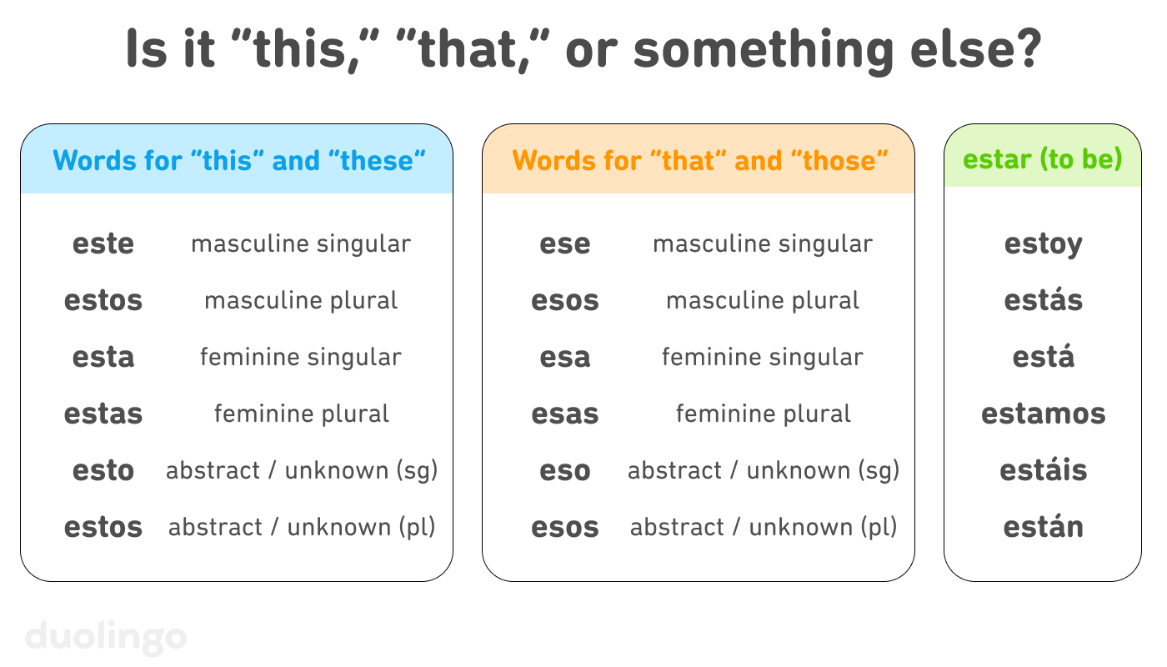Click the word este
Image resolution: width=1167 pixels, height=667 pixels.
[x=103, y=244]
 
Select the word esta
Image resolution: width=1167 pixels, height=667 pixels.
[x=103, y=358]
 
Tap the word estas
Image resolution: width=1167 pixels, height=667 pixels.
[x=103, y=414]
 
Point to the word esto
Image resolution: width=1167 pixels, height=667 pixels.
[x=103, y=471]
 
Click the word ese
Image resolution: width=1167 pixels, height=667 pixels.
[x=565, y=244]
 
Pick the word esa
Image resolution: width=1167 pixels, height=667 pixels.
[x=565, y=358]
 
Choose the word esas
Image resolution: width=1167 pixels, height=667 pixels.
[x=565, y=414]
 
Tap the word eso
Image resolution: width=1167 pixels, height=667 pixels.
[x=565, y=471]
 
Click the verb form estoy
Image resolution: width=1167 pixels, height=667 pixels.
[x=1043, y=244]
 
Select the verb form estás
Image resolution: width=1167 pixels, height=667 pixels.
[x=1043, y=300]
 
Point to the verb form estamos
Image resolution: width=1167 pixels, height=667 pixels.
[x=1043, y=414]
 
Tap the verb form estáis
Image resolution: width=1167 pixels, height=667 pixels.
[x=1043, y=470]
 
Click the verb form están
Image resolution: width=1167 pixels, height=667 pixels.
[x=1043, y=527]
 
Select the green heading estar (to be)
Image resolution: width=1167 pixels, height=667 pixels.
[x=1042, y=159]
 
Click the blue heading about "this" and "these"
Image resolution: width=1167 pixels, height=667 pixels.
[x=239, y=160]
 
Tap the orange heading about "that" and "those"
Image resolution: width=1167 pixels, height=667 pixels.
[x=700, y=160]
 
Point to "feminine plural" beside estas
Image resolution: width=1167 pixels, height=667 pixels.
[x=302, y=414]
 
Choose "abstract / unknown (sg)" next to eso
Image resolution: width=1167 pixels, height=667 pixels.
[x=764, y=471]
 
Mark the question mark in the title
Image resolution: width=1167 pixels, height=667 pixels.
[x=1027, y=50]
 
